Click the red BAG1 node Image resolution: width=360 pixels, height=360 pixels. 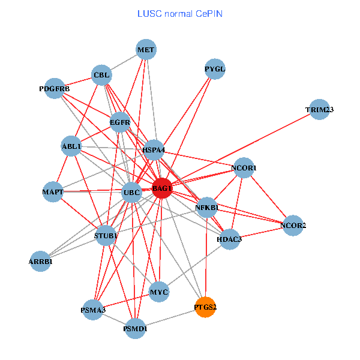162,188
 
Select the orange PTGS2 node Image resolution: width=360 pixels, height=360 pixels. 205,307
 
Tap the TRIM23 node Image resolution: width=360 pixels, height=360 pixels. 319,110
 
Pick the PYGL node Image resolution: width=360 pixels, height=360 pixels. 215,69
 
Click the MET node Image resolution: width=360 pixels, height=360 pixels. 146,49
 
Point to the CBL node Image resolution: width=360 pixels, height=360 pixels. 101,76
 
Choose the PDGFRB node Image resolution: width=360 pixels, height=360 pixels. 55,89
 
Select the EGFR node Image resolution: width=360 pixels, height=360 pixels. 120,122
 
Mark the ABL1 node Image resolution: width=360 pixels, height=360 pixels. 71,146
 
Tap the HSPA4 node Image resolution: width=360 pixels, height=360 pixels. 154,149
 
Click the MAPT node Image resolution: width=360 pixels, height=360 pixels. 53,192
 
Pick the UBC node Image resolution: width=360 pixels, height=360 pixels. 131,193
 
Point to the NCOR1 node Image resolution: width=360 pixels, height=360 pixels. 244,168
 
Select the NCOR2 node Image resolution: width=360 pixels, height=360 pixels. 293,226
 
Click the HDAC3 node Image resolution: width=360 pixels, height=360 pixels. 229,239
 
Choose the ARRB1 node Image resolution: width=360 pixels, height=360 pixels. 41,262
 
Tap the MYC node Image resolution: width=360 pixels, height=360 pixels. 159,292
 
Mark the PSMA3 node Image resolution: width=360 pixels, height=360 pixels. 93,310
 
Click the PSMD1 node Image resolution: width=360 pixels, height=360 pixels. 136,329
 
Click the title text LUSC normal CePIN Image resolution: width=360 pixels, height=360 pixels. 180,13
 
